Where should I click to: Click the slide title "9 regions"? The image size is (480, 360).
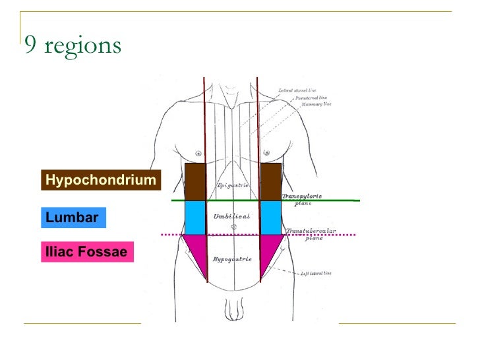(x=73, y=45)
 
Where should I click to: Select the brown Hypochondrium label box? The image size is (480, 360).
(x=101, y=180)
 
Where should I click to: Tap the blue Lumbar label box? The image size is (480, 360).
(x=73, y=217)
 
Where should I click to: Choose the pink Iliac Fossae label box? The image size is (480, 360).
(x=86, y=252)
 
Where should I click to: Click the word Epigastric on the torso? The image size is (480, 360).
(x=233, y=186)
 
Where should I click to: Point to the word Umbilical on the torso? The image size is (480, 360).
(x=231, y=216)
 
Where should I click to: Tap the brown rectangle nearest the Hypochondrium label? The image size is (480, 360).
(x=195, y=182)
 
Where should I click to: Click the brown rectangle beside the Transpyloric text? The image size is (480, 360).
(x=271, y=182)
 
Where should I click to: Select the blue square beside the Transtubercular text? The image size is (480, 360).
(x=271, y=218)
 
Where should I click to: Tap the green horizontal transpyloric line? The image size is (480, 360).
(x=330, y=200)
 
